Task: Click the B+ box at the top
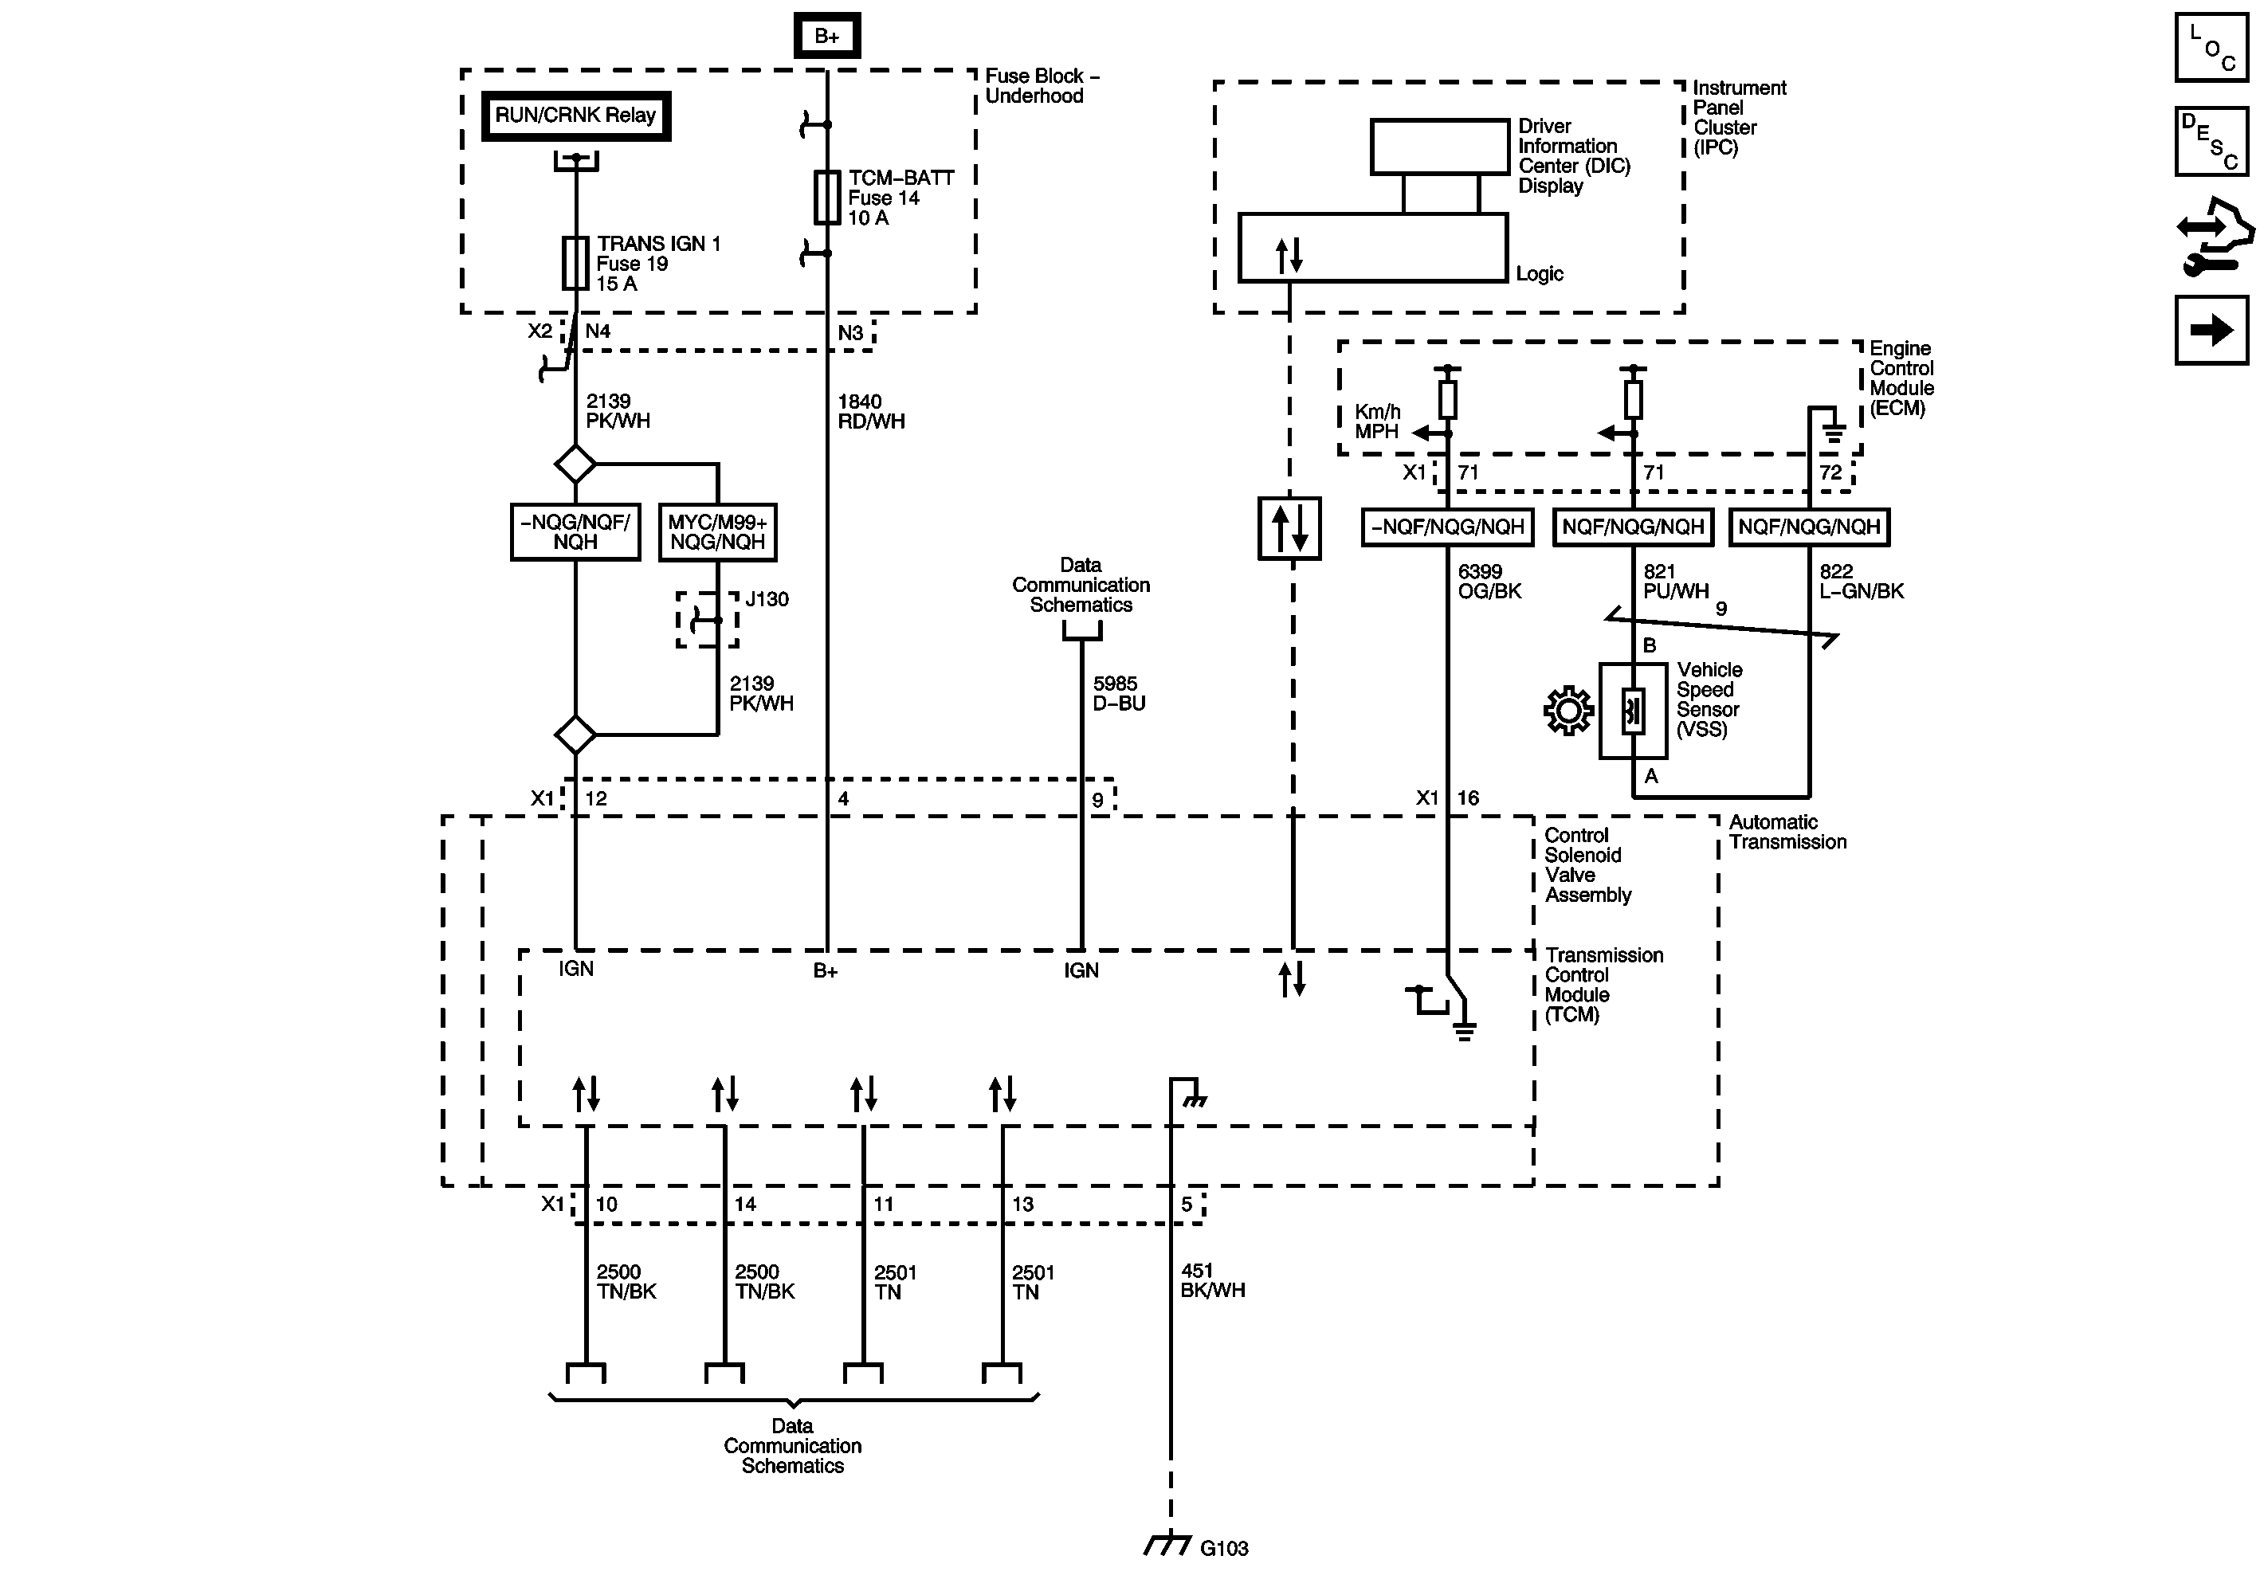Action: (x=827, y=37)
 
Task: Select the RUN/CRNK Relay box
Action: (x=576, y=116)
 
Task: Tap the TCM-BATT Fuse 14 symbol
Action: (x=827, y=197)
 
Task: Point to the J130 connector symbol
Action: (x=707, y=620)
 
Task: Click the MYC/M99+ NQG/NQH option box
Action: (x=717, y=532)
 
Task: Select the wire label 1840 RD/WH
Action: (x=870, y=411)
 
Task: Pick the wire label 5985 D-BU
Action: (x=1118, y=694)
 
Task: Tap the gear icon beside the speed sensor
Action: (x=1568, y=711)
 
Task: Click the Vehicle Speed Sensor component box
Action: (x=1633, y=711)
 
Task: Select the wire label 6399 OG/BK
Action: (x=1489, y=582)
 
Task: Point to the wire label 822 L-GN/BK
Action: (x=1861, y=582)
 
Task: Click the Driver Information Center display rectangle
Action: (x=1439, y=147)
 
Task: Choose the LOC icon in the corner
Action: (x=2211, y=46)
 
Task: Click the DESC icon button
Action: (x=2211, y=141)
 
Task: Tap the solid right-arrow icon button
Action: (x=2211, y=330)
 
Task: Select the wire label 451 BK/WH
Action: (x=1212, y=1281)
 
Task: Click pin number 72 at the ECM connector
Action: (x=1830, y=472)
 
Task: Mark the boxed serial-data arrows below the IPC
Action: (x=1289, y=529)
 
